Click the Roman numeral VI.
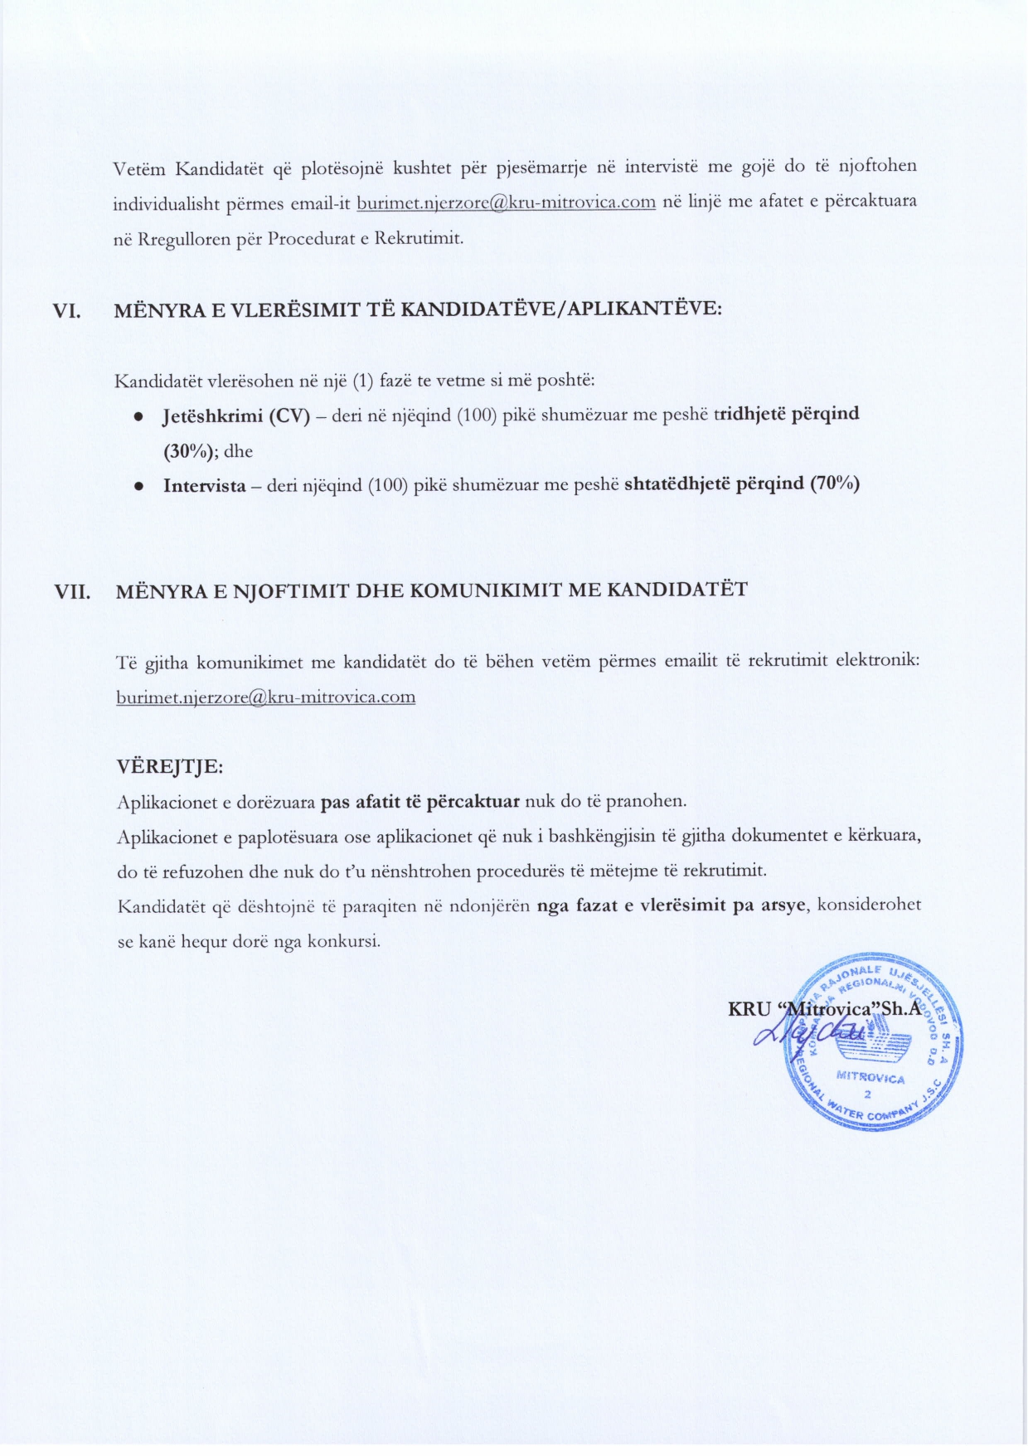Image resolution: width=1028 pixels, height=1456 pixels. (x=67, y=311)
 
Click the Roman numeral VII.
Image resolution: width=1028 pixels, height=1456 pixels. (x=72, y=592)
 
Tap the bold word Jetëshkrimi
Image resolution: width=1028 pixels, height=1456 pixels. (x=213, y=415)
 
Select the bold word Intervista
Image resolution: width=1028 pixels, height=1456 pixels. (x=204, y=486)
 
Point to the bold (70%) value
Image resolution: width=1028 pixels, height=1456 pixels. (x=834, y=483)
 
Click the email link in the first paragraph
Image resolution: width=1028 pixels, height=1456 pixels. (x=506, y=202)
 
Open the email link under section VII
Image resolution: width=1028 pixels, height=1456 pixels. (x=265, y=697)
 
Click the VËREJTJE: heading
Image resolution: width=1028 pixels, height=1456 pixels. (x=170, y=766)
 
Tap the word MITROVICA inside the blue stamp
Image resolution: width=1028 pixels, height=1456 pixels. (x=870, y=1079)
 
